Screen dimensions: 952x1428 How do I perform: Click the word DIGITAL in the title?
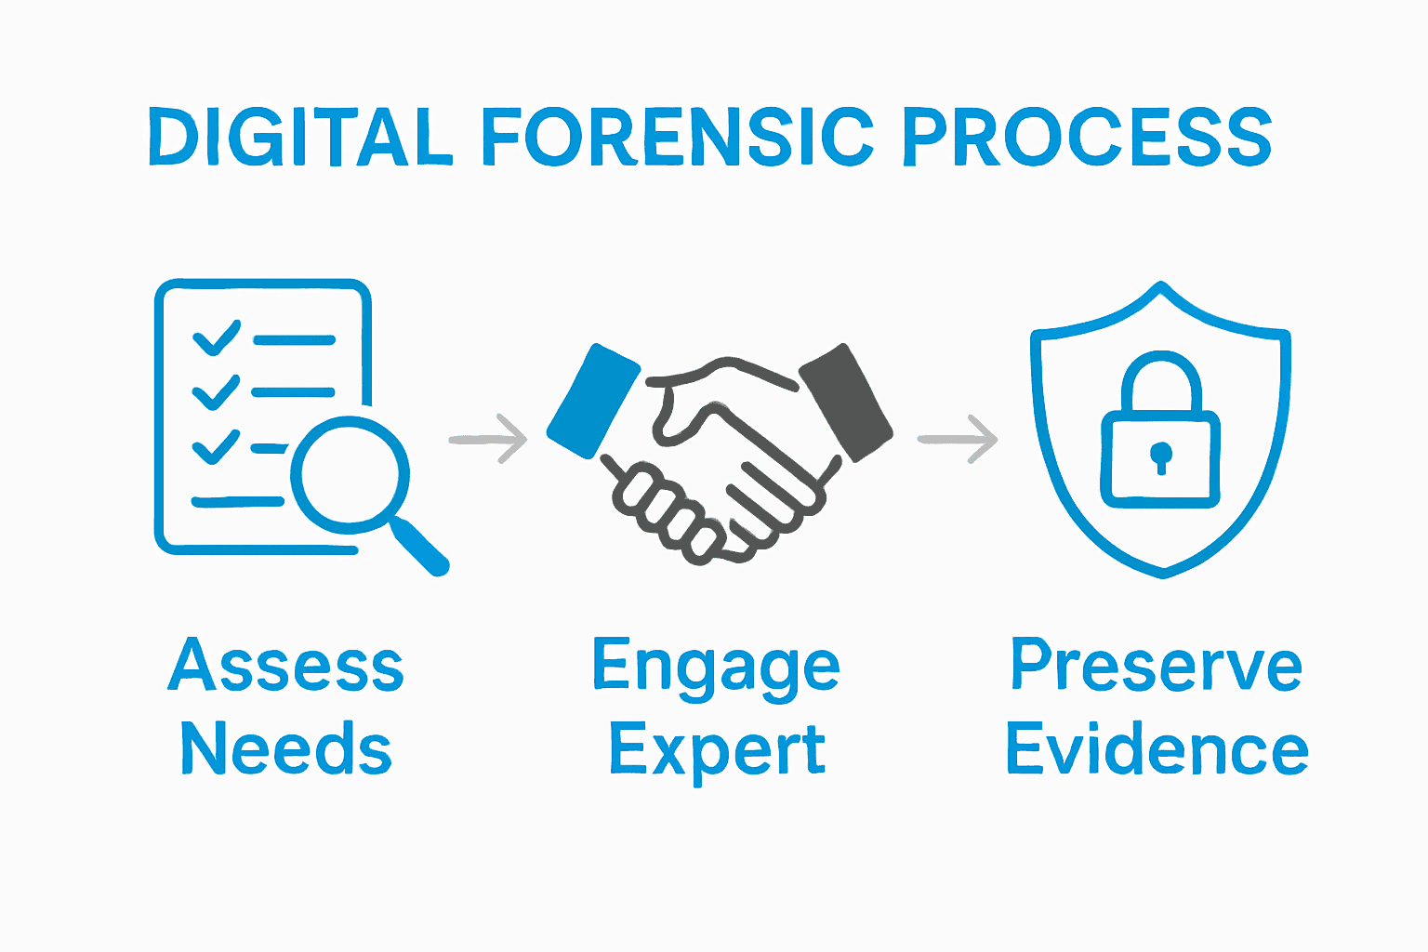click(300, 138)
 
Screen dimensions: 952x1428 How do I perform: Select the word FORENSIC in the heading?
click(677, 138)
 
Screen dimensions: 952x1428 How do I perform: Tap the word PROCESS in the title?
click(1087, 138)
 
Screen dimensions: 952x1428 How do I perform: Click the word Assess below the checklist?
click(285, 665)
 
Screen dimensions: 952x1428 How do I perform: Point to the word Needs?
click(285, 748)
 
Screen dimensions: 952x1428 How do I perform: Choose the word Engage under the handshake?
click(716, 667)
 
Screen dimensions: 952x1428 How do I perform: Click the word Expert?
click(717, 749)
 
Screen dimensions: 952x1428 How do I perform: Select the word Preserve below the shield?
click(1157, 665)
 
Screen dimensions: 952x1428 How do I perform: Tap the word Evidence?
click(1157, 748)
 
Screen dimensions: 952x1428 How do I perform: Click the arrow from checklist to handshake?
click(488, 439)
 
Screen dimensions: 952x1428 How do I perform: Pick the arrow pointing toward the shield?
click(958, 439)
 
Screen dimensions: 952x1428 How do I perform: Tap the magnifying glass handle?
click(420, 547)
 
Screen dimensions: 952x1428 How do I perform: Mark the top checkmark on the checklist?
click(216, 338)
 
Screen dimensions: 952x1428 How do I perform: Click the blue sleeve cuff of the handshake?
click(593, 402)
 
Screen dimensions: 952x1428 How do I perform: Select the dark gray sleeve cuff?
click(847, 402)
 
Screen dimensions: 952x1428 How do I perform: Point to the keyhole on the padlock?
click(1160, 456)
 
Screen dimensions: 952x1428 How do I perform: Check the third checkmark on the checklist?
click(216, 447)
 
